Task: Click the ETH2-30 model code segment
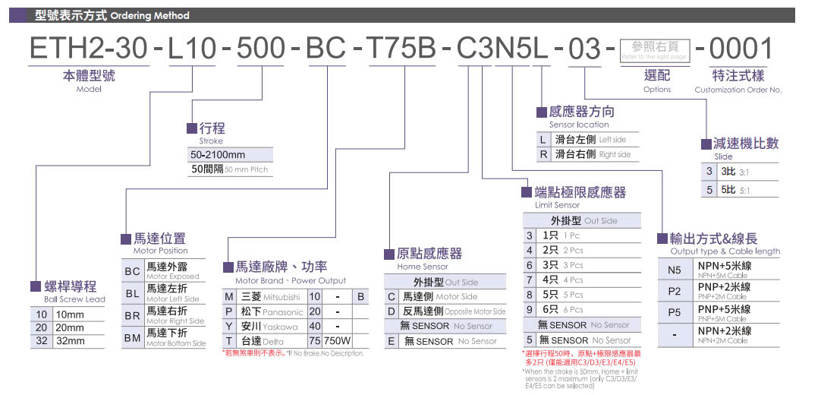(86, 49)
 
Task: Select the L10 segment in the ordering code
(193, 49)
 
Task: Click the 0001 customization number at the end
(734, 49)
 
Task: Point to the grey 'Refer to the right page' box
(653, 51)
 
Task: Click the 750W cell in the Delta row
(338, 341)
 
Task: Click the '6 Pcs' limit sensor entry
(561, 310)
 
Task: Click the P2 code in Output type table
(675, 291)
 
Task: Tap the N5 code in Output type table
(675, 269)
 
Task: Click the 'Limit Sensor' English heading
(557, 205)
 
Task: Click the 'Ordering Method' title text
(149, 15)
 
